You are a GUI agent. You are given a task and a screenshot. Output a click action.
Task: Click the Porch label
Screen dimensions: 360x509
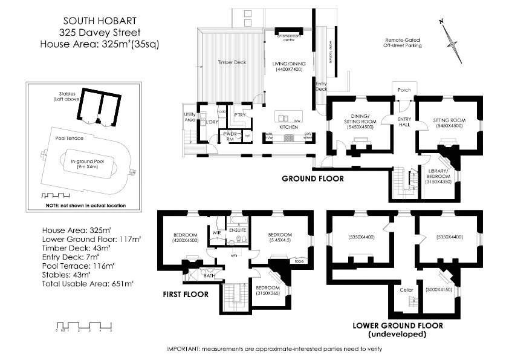coord(404,90)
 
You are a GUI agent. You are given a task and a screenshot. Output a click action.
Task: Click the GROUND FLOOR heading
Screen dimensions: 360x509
coord(313,179)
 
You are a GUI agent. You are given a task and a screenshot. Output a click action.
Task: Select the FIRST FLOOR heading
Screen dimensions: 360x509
coord(184,294)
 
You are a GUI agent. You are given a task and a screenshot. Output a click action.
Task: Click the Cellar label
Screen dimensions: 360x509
coord(406,290)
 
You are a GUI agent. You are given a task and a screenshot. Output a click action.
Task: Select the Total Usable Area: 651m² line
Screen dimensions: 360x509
coord(88,282)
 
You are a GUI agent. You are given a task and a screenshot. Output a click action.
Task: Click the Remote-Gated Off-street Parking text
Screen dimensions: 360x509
coord(403,42)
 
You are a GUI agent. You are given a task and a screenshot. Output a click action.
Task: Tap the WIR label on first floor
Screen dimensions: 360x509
coord(215,232)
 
